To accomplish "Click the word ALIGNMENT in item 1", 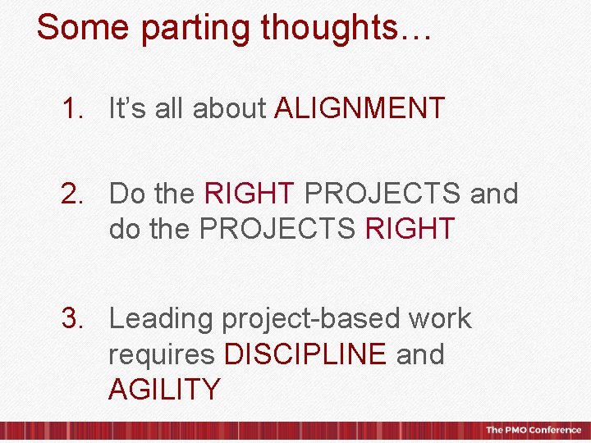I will tap(360, 108).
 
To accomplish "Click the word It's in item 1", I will tap(127, 108).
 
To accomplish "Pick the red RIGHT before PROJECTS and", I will tap(249, 194).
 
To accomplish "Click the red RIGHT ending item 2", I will tap(410, 229).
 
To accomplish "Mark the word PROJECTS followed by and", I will tap(383, 194).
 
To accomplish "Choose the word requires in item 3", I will tap(161, 355).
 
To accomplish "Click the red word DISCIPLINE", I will tap(305, 354).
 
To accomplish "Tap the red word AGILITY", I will tap(164, 389).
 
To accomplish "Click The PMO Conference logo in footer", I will tap(533, 430).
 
